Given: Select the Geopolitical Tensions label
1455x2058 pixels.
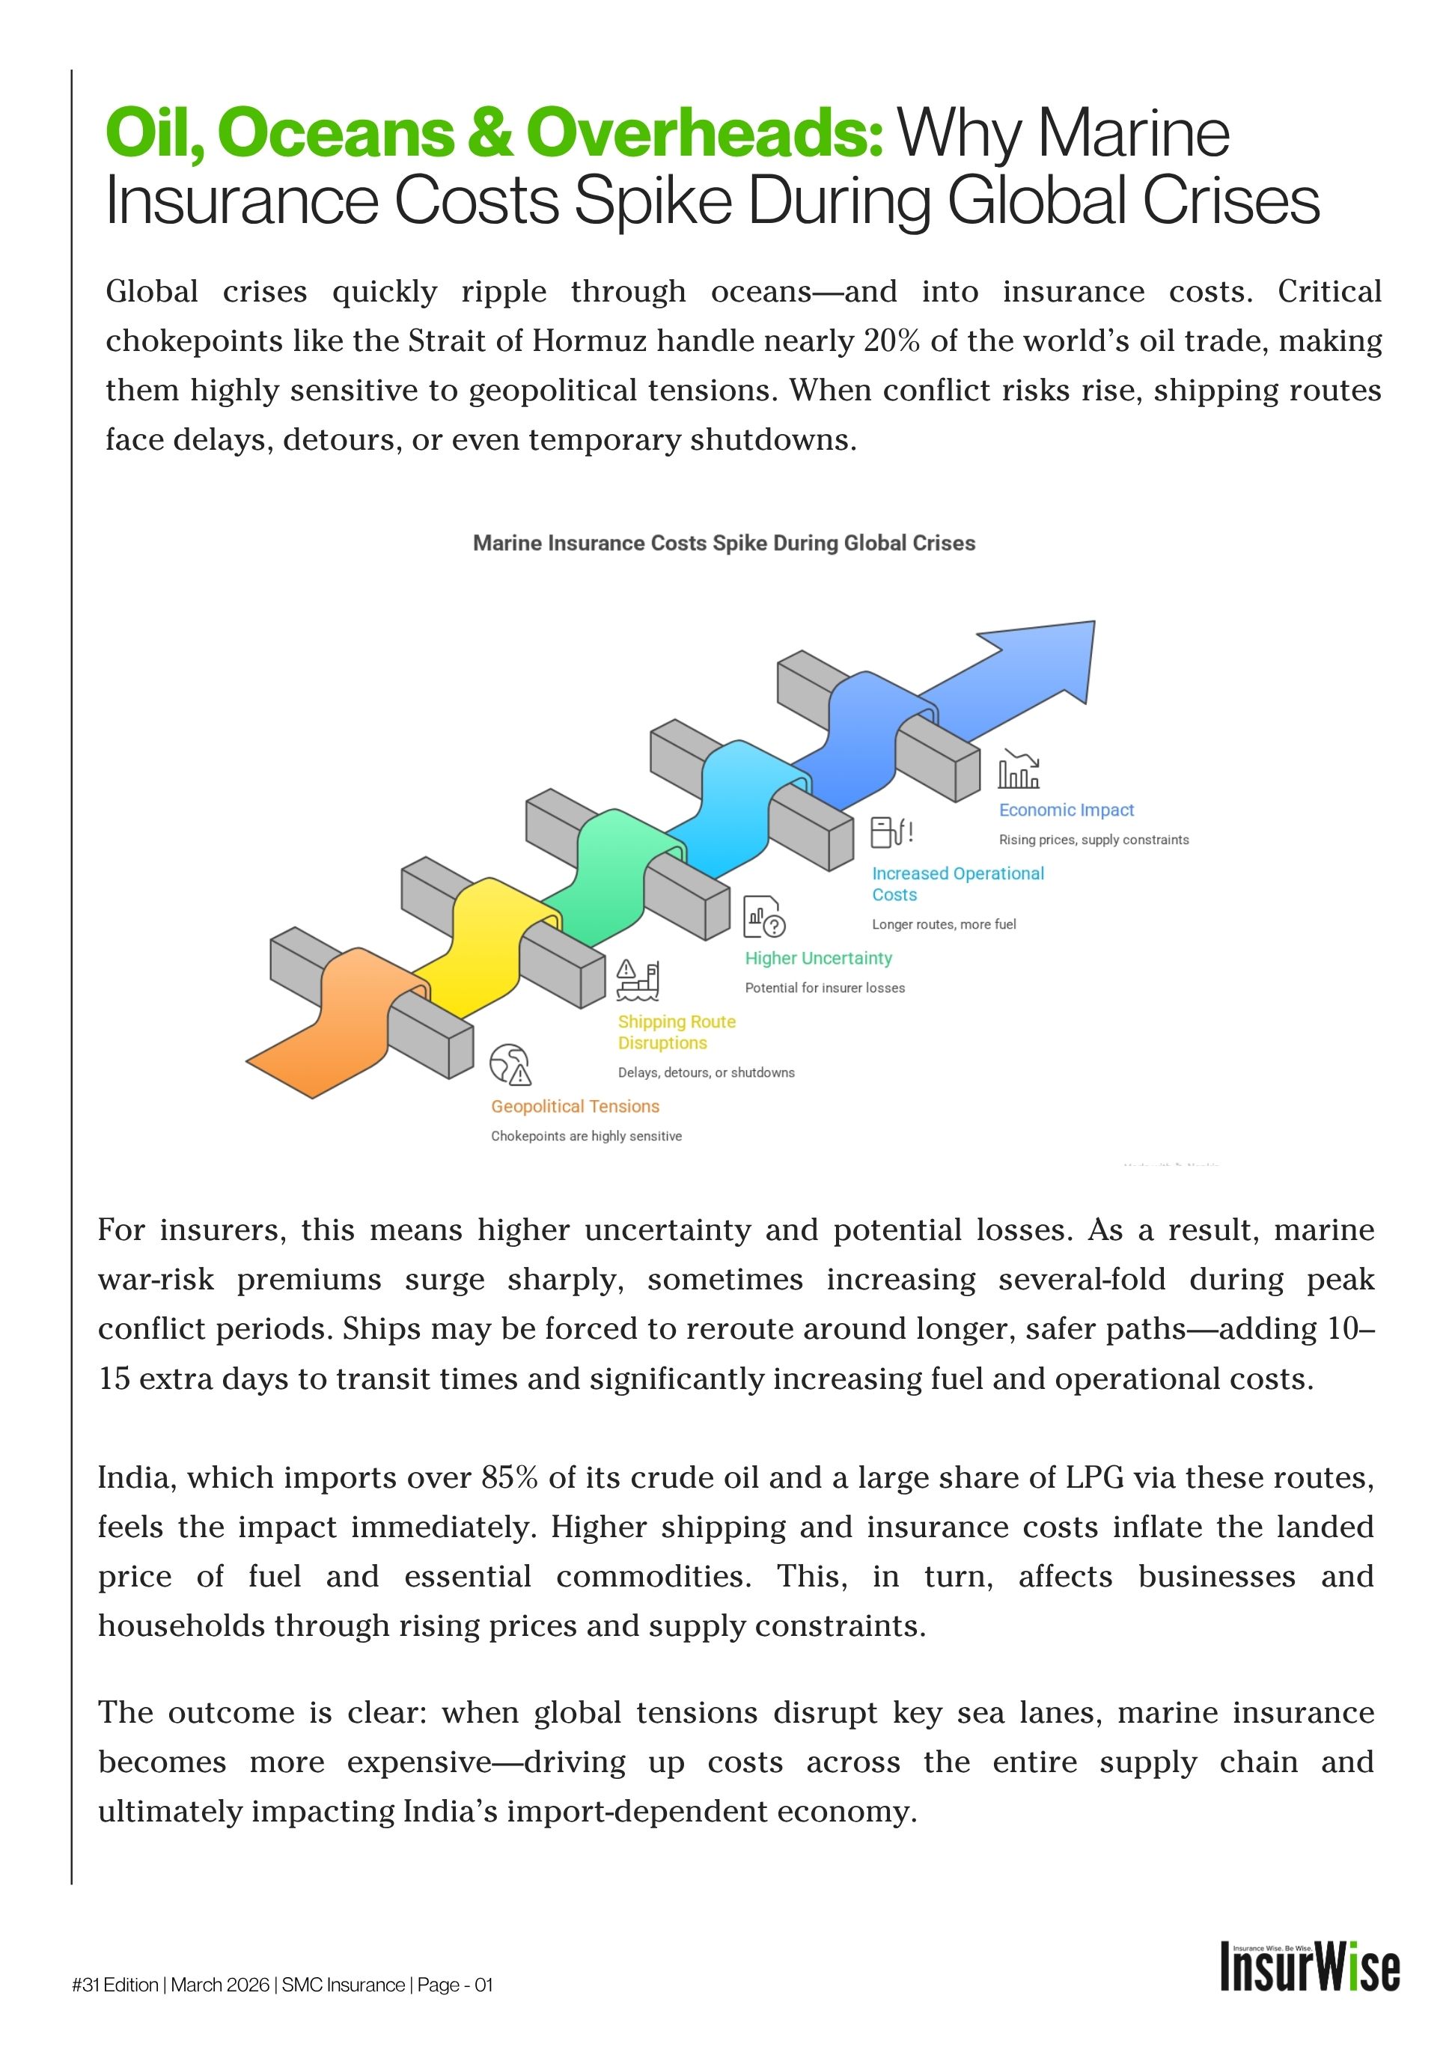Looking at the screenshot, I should [575, 1106].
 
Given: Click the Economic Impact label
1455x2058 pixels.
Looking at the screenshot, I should [1066, 810].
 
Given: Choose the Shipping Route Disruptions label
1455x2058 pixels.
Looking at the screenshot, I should [676, 1032].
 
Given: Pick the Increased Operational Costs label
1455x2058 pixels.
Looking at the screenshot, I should [957, 884].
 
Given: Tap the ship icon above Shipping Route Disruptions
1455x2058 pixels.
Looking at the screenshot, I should [638, 980].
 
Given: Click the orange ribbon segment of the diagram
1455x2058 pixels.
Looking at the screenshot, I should [350, 1022].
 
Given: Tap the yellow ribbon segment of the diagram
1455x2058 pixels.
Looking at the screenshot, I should [484, 941].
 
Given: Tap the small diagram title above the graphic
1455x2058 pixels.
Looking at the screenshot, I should [724, 543].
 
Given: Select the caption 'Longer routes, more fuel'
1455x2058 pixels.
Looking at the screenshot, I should [944, 924].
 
